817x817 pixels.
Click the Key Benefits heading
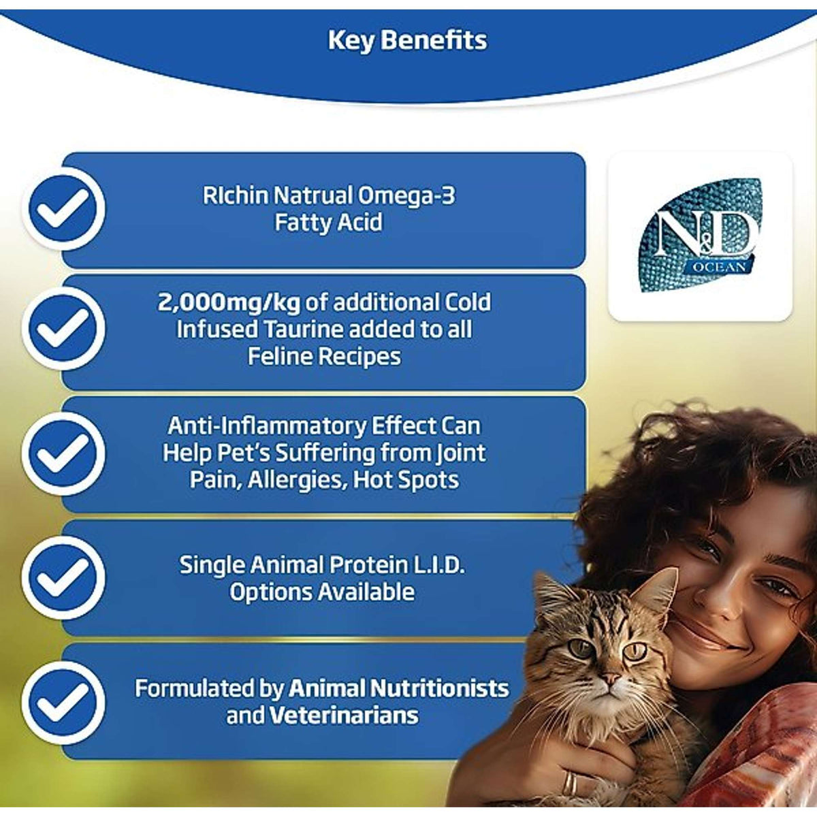point(407,40)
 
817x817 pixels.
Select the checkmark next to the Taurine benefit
point(63,329)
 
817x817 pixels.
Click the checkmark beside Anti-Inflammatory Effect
point(63,453)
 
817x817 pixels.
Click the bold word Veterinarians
point(344,716)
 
